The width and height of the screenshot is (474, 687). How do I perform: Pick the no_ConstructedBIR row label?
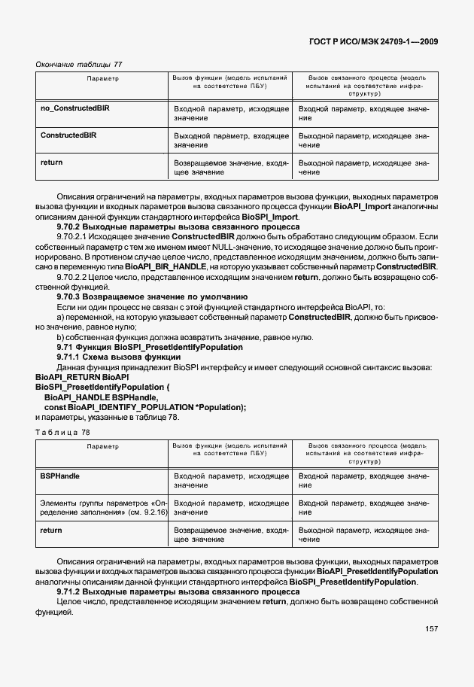click(74, 108)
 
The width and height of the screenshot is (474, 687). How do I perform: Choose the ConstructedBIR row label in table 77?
click(68, 135)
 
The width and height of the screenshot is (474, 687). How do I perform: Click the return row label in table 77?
click(51, 163)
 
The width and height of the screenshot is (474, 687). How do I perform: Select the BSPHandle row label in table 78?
click(59, 476)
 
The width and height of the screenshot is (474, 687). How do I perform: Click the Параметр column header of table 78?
click(102, 447)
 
